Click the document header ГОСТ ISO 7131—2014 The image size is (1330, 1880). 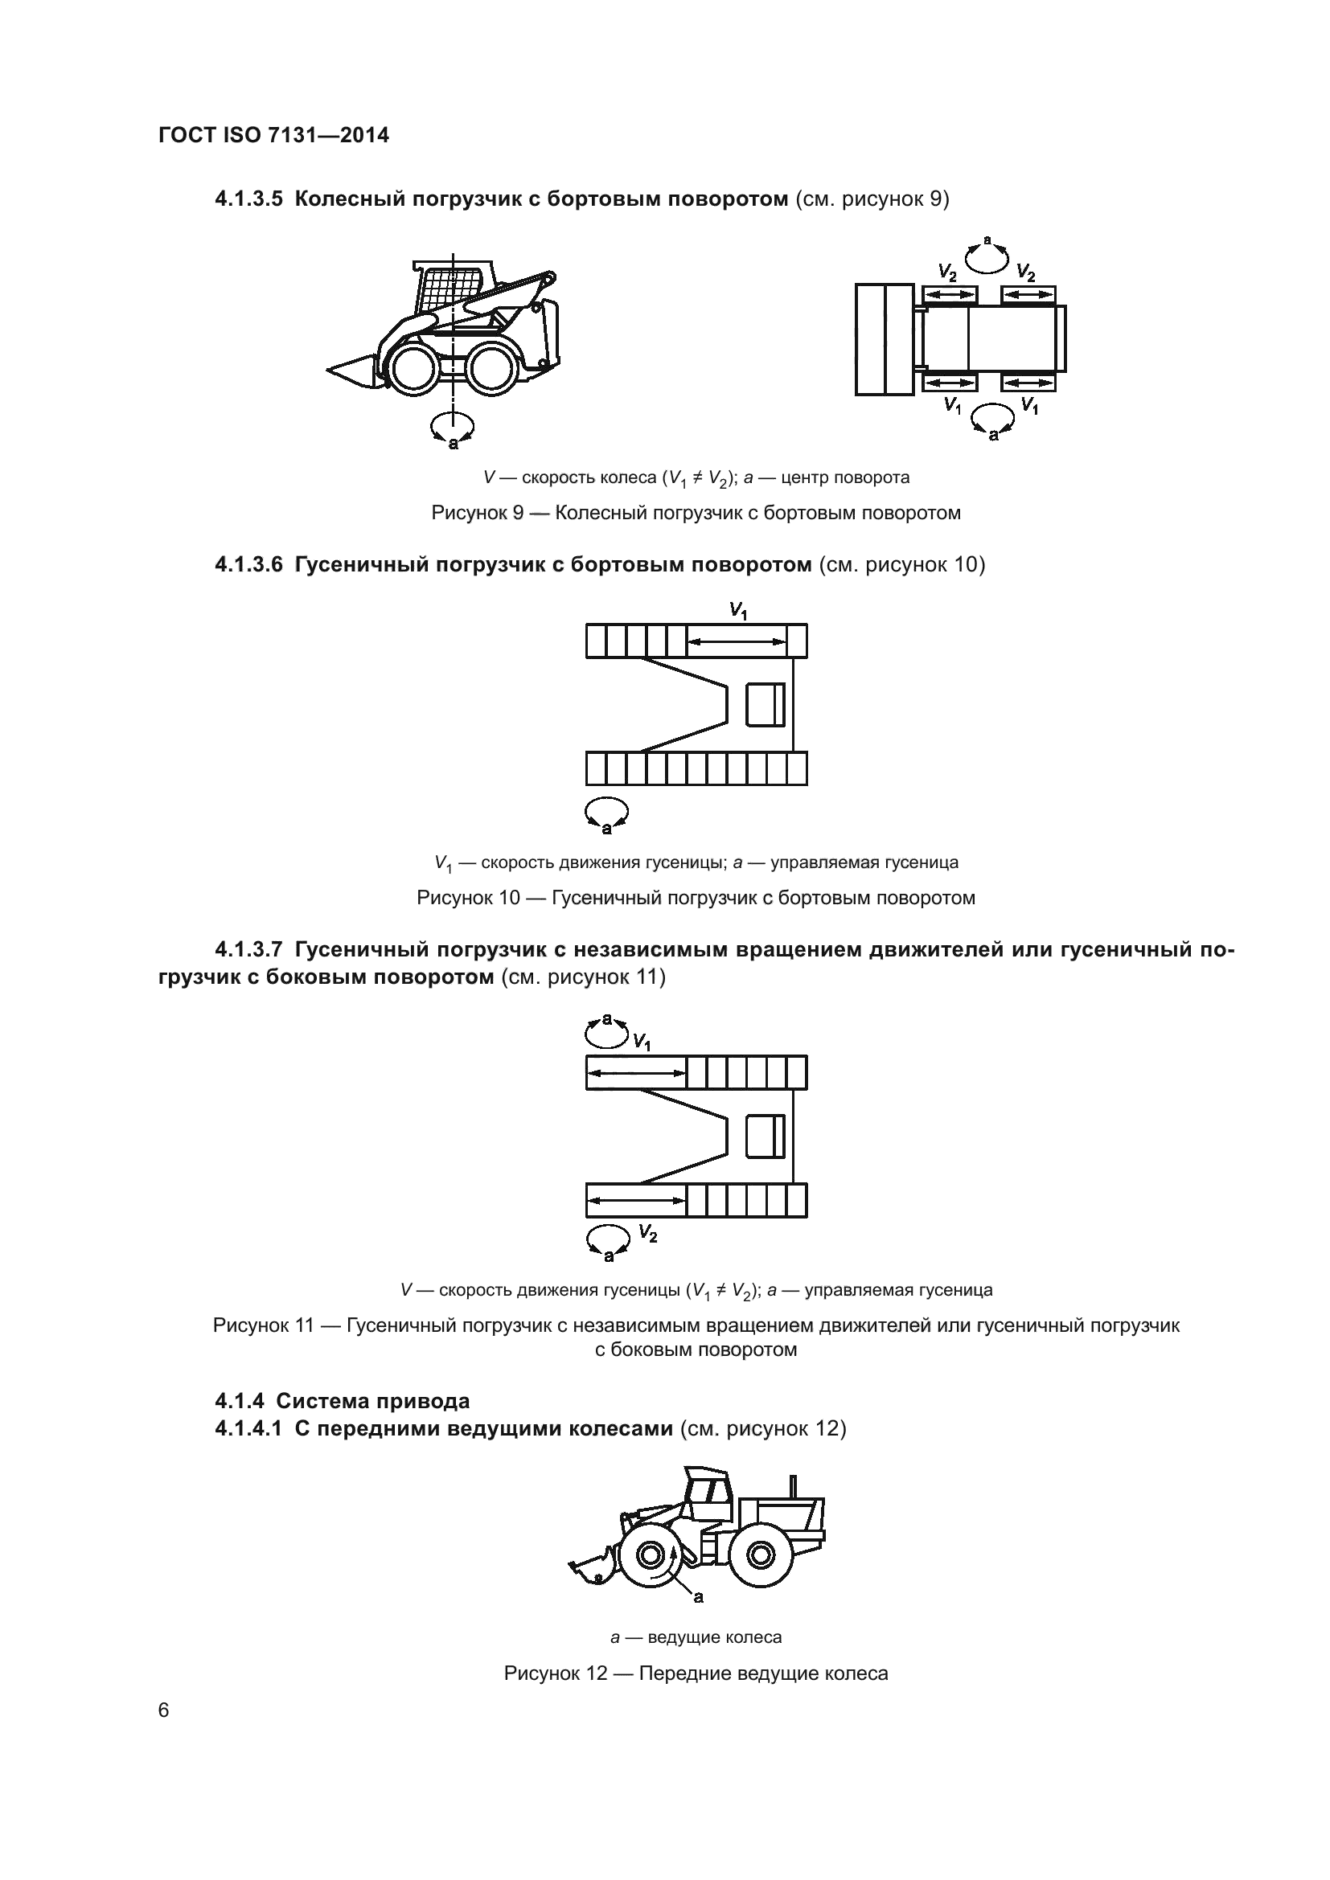pos(273,135)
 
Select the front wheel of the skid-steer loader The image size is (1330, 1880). pos(413,369)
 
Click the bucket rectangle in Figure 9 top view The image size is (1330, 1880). pos(885,339)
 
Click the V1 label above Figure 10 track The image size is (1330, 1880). pos(739,611)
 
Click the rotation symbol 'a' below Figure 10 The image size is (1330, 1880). pos(606,813)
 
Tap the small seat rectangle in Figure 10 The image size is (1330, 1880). pos(765,704)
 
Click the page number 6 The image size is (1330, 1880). pos(164,1710)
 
